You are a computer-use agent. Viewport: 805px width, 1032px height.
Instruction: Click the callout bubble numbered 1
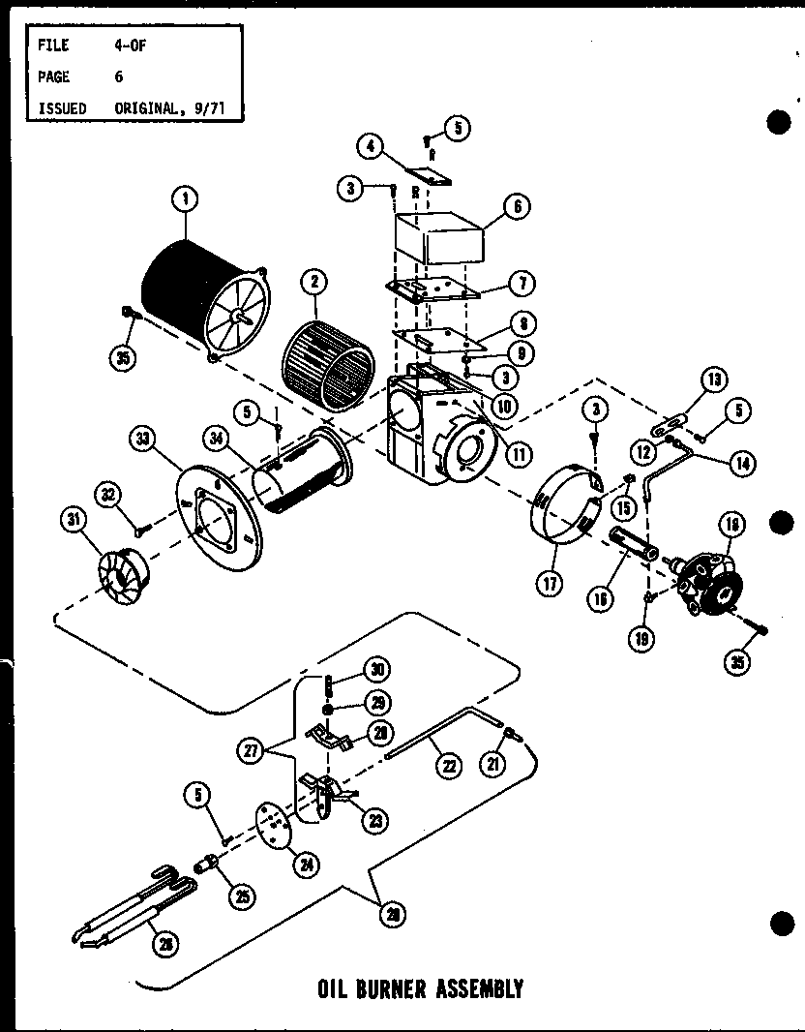tap(184, 198)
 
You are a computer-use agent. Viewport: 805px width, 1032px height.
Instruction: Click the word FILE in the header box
tap(52, 45)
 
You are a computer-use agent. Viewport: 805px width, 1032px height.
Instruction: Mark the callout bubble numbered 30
tap(375, 670)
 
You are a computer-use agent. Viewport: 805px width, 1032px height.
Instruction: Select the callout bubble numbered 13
tap(713, 380)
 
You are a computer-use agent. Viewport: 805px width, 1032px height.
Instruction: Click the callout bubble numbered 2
tap(312, 283)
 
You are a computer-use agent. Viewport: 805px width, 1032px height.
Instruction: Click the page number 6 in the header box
tap(119, 76)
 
